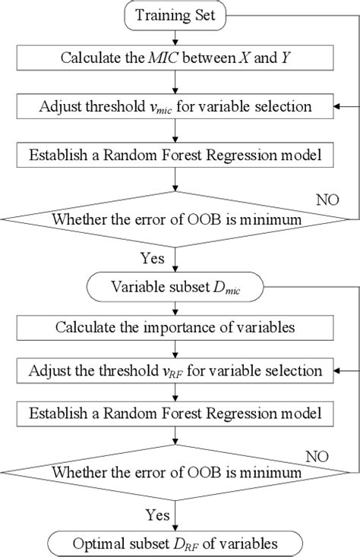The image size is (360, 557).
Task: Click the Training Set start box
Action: pyautogui.click(x=175, y=15)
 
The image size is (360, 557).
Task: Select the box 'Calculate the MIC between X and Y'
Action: pyautogui.click(x=175, y=60)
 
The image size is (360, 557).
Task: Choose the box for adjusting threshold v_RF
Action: pyautogui.click(x=175, y=371)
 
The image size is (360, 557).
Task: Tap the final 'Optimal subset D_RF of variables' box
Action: pyautogui.click(x=175, y=543)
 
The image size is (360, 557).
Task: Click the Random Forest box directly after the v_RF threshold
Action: pyautogui.click(x=175, y=414)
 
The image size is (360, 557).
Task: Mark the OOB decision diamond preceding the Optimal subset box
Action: pyautogui.click(x=175, y=472)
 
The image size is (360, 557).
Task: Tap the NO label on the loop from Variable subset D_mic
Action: pyautogui.click(x=316, y=455)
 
